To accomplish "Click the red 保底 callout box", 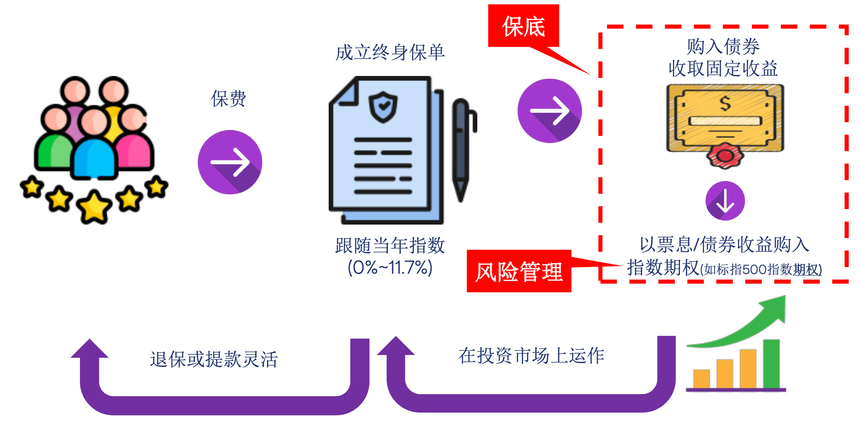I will coord(523,26).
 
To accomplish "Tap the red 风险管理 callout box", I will coord(519,271).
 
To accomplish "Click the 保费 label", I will coord(229,99).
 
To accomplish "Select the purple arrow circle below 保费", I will coord(230,162).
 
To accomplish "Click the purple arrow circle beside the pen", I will coord(550,111).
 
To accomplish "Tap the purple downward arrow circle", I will coord(725,201).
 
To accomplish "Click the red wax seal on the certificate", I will coord(725,156).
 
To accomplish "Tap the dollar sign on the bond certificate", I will coord(725,103).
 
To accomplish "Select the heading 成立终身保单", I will coord(390,53).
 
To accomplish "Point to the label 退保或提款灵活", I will coord(214,359).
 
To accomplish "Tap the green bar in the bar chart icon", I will coord(771,364).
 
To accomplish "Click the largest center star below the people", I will coord(94,206).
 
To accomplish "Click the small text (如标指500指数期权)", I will coord(761,269).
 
